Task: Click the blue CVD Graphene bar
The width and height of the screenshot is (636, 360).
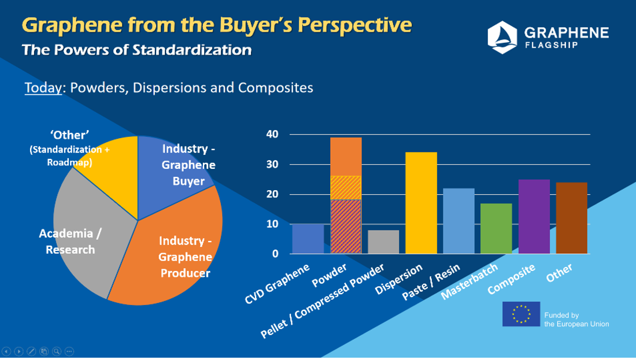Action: [x=308, y=239]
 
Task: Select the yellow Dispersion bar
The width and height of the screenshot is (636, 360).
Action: [x=421, y=203]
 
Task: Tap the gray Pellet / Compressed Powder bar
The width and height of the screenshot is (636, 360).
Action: [x=383, y=242]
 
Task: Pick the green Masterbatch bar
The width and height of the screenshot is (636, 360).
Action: [x=496, y=229]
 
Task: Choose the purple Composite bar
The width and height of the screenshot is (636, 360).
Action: [x=534, y=217]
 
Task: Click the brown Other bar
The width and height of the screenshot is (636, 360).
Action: [x=571, y=218]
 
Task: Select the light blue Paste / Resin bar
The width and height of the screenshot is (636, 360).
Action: [x=458, y=221]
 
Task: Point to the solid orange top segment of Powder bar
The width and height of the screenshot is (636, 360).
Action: [x=346, y=157]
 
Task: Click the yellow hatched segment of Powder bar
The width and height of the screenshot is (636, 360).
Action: [x=346, y=188]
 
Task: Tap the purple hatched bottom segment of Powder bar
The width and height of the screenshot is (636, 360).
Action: [x=346, y=227]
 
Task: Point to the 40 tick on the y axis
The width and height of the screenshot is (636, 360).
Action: [x=272, y=135]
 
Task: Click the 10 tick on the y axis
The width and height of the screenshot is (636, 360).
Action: [x=272, y=224]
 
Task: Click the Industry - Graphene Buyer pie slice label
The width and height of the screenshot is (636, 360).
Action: [x=188, y=165]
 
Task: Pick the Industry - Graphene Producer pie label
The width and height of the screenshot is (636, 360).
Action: [x=185, y=257]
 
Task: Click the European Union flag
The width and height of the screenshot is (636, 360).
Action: [x=521, y=314]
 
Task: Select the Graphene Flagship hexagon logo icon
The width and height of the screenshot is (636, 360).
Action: [x=502, y=36]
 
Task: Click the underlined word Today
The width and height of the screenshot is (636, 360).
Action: [x=43, y=88]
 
